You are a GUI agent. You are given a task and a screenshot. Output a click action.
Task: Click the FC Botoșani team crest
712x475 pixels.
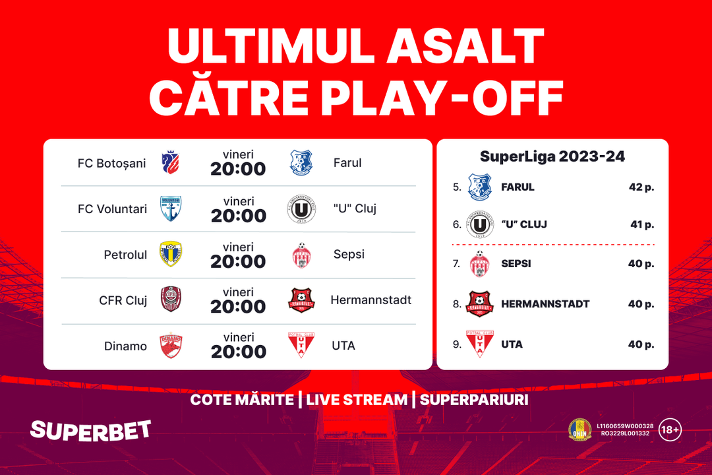[x=171, y=162]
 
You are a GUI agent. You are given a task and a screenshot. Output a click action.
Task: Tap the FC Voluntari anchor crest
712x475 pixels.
[x=171, y=208]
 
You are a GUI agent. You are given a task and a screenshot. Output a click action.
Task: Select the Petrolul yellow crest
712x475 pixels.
[x=171, y=254]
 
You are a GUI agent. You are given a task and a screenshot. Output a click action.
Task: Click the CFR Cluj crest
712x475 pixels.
[x=171, y=299]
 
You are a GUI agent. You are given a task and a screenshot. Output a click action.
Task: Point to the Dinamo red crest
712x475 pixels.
[x=171, y=345]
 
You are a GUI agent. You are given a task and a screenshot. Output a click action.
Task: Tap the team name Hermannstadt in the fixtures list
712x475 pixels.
[x=371, y=300]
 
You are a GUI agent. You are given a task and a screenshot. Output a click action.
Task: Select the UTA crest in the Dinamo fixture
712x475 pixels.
[x=301, y=345]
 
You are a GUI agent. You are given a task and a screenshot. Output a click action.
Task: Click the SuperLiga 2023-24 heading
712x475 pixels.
[x=552, y=156]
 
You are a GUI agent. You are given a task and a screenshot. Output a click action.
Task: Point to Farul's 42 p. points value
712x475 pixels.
[x=641, y=187]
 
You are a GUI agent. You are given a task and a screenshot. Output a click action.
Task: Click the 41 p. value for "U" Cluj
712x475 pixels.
[x=642, y=224]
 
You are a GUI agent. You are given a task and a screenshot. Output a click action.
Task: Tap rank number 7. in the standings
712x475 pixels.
[x=456, y=264]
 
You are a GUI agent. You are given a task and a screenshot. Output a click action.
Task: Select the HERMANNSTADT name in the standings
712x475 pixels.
[x=545, y=304]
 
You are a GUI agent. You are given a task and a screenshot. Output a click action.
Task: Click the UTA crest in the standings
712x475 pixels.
[x=479, y=344]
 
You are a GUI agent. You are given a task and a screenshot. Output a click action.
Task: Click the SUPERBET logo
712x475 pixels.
[x=90, y=430]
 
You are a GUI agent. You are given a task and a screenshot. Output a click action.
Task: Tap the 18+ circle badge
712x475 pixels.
[x=670, y=429]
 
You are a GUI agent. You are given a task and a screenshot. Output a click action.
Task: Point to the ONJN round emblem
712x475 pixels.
[x=580, y=429]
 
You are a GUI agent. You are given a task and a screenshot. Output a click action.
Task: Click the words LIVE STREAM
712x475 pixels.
[x=357, y=400]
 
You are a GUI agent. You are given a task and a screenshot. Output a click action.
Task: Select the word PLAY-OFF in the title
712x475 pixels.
[x=444, y=98]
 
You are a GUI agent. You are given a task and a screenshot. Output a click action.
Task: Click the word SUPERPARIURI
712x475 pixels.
[x=474, y=400]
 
